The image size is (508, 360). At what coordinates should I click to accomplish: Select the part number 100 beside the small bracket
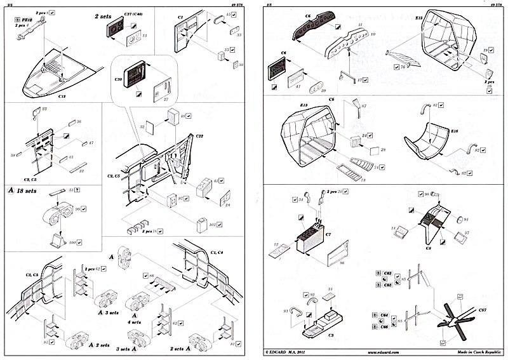72,242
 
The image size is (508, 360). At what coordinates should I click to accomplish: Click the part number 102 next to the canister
212,223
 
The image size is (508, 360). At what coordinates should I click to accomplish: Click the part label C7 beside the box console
328,234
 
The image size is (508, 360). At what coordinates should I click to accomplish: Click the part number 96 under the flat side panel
341,261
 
